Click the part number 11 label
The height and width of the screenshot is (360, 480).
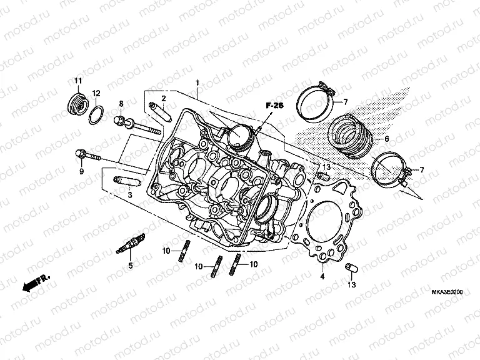point(78,81)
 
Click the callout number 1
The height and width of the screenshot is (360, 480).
point(197,82)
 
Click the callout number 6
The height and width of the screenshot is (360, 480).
point(386,139)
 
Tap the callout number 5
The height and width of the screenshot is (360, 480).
point(131,266)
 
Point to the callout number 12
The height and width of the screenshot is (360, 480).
point(96,93)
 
